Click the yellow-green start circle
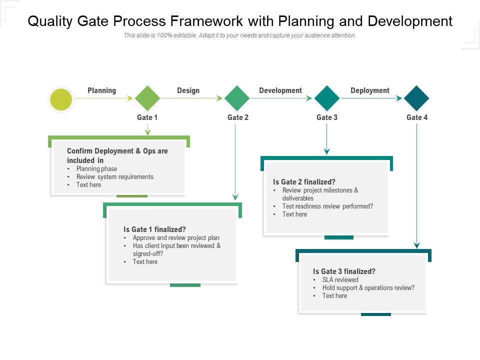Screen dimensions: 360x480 coord(61,99)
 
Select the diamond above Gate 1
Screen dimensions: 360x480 coord(147,98)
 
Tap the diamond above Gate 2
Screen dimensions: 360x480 coord(237,98)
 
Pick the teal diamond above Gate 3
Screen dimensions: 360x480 coord(327,98)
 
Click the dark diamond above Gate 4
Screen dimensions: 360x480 coord(416,98)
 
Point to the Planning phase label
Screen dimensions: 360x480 coord(101,90)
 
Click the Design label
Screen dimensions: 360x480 coord(188,90)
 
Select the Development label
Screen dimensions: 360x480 coord(280,90)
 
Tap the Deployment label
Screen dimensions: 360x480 coord(369,90)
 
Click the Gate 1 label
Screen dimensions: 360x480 coord(147,117)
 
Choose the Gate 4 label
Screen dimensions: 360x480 coord(417,117)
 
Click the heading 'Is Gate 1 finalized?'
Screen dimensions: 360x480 coord(154,229)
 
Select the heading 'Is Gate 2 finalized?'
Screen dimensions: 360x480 coord(304,182)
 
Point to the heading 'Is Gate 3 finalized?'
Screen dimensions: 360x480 coord(344,271)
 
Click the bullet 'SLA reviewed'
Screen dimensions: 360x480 coord(340,280)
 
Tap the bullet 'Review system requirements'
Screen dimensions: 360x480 coord(114,177)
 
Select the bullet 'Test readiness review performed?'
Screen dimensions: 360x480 coord(327,206)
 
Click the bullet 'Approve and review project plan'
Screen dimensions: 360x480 coord(176,238)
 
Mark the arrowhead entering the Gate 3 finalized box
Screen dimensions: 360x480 coord(416,245)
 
